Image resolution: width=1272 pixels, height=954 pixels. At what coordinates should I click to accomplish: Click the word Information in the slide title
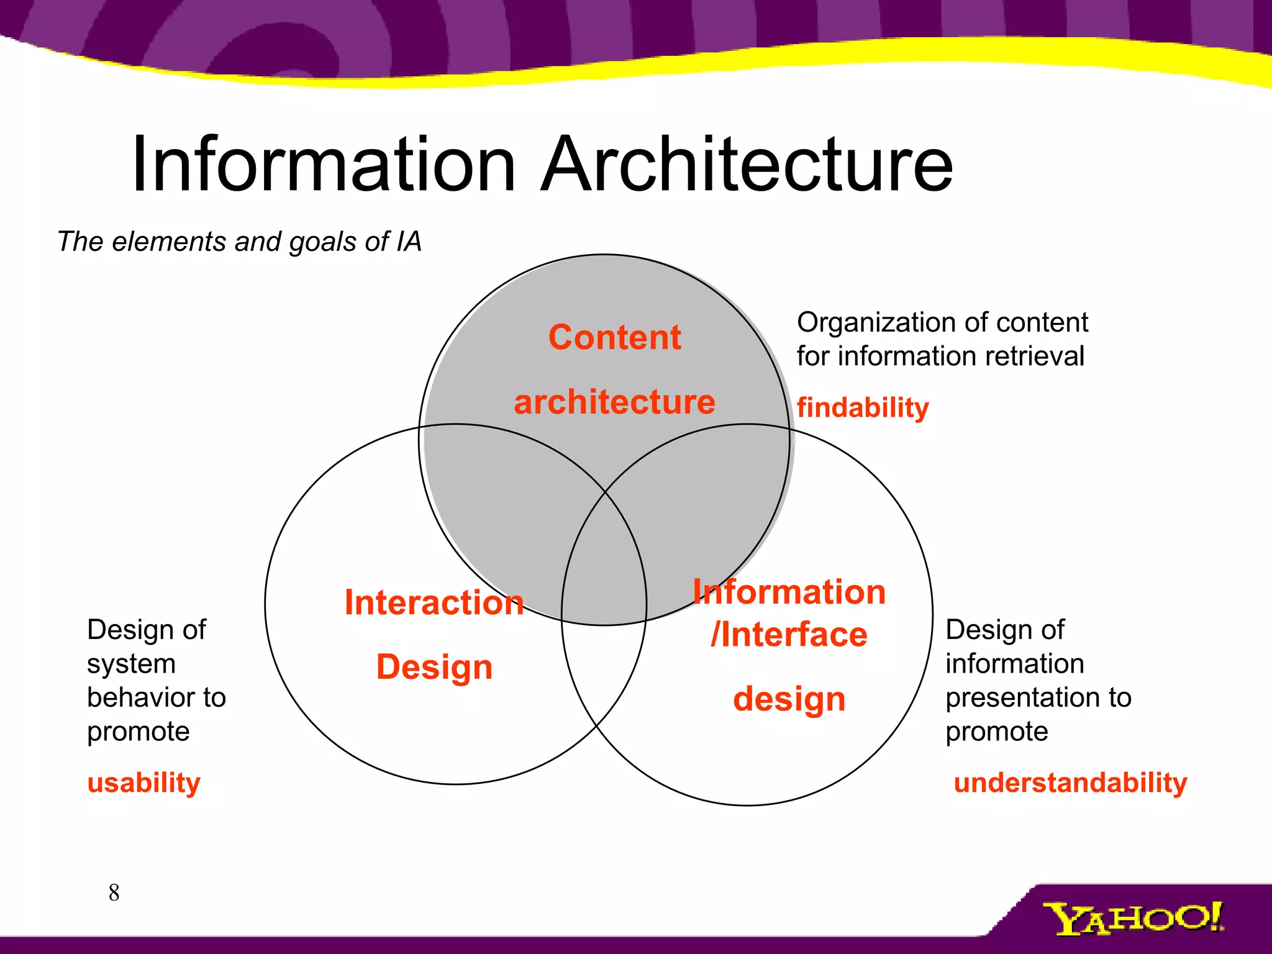pyautogui.click(x=323, y=165)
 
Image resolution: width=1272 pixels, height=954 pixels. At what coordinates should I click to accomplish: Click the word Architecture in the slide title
pyautogui.click(x=747, y=165)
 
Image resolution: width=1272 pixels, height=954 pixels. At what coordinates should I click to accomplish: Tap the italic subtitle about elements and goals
pyautogui.click(x=239, y=242)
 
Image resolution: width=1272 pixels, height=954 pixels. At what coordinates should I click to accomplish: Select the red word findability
pyautogui.click(x=863, y=408)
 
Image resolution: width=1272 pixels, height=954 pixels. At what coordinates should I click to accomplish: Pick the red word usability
pyautogui.click(x=144, y=783)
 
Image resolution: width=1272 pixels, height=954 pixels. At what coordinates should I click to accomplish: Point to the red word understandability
pyautogui.click(x=1070, y=783)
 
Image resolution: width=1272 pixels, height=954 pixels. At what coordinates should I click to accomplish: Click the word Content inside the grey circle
pyautogui.click(x=614, y=337)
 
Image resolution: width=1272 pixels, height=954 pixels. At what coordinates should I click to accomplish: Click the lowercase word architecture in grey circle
pyautogui.click(x=614, y=402)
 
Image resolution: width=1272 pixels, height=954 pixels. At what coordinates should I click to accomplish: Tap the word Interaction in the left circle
pyautogui.click(x=434, y=602)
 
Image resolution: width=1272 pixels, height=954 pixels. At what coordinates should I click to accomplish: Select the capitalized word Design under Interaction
pyautogui.click(x=434, y=667)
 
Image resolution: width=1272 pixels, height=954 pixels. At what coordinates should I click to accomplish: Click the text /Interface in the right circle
pyautogui.click(x=789, y=635)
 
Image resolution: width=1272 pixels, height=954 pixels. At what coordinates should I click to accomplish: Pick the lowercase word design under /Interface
pyautogui.click(x=789, y=699)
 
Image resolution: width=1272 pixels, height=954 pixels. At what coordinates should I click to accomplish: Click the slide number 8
pyautogui.click(x=114, y=893)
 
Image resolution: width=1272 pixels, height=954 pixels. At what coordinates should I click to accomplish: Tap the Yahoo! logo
pyautogui.click(x=1133, y=918)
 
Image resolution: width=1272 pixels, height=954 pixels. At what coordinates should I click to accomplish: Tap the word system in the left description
pyautogui.click(x=131, y=664)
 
